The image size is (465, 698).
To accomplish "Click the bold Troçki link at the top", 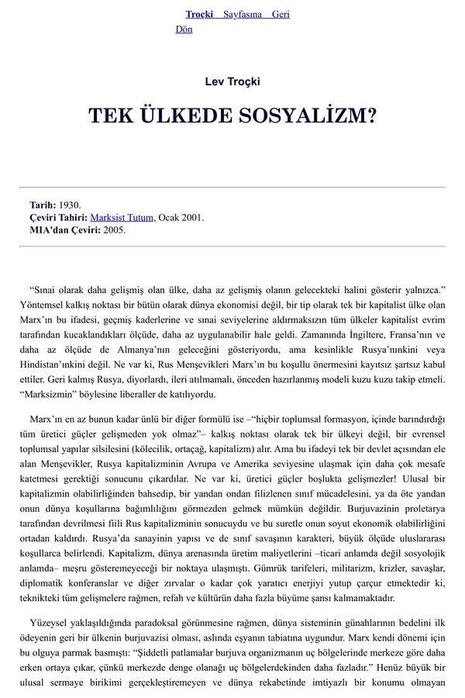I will click(x=198, y=15).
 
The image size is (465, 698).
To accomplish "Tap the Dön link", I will click(x=184, y=29).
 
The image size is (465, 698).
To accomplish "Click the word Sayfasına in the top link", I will click(x=243, y=15).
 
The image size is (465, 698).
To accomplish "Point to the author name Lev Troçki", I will click(x=232, y=81).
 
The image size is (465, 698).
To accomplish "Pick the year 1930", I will click(x=70, y=206).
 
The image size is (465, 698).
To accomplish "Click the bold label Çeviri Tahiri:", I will click(x=58, y=218).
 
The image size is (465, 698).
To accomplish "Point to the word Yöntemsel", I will click(x=44, y=306).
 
